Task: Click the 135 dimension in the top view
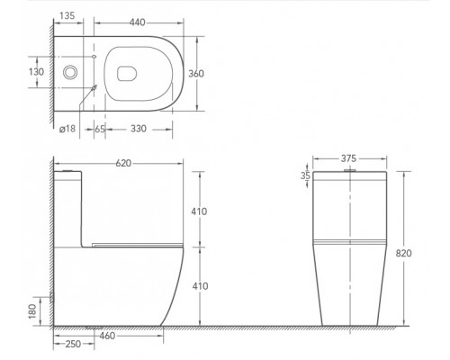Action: (x=65, y=14)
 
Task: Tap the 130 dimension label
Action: (x=35, y=71)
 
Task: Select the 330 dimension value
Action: (x=138, y=130)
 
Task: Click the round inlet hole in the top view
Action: (x=71, y=71)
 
